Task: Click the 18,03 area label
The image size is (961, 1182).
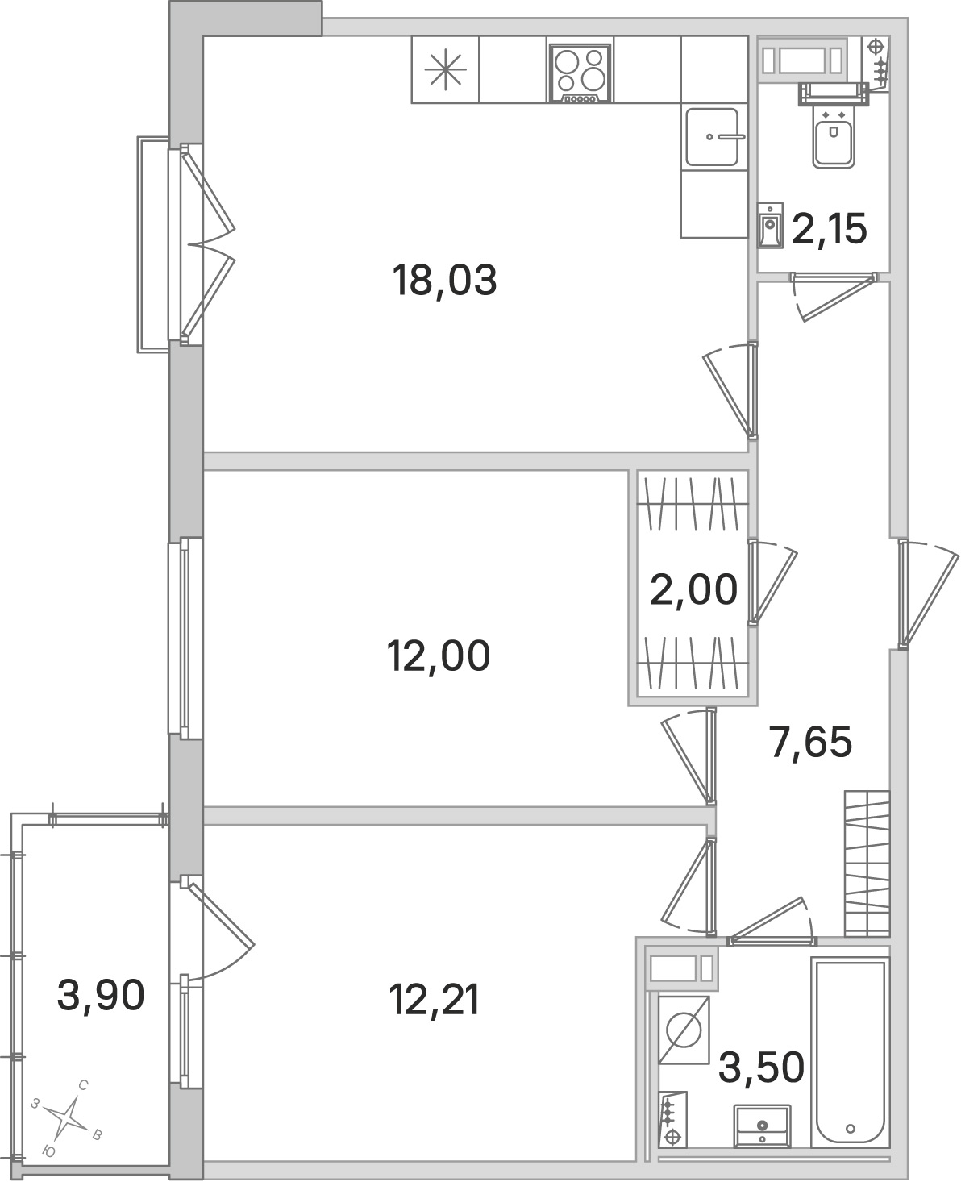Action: coord(444,281)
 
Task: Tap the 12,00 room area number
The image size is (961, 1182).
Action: coord(439,656)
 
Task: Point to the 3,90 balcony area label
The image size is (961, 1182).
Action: coord(101,995)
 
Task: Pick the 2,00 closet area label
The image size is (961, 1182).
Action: coord(693,589)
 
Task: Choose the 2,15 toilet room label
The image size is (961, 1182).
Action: coord(829,229)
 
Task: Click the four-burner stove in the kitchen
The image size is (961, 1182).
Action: coord(580,74)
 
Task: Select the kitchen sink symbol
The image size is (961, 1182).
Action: coord(713,136)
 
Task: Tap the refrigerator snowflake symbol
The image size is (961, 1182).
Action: coord(445,70)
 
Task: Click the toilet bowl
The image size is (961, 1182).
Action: coord(834,126)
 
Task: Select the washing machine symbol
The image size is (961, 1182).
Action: coord(684,1030)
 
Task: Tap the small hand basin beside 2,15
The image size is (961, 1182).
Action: coord(771,225)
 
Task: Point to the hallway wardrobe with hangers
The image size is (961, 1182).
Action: coord(867,864)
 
